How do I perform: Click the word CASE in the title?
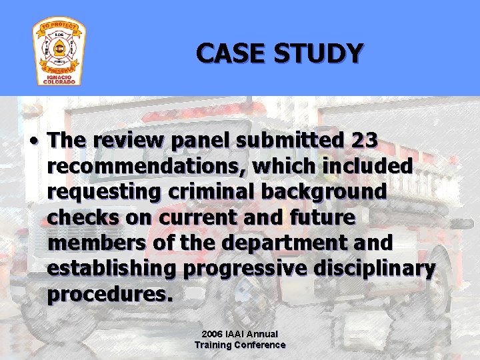(x=229, y=53)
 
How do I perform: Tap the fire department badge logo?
(x=59, y=52)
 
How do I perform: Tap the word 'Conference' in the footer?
(x=259, y=345)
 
